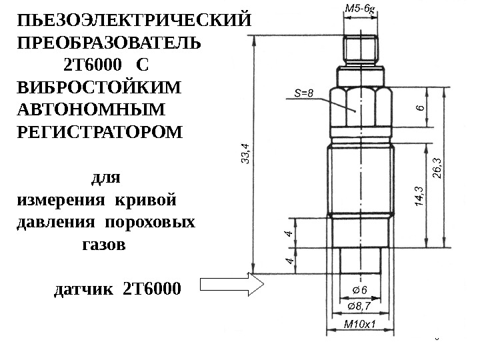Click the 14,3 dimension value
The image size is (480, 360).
(x=418, y=198)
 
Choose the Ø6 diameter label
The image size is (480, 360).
(x=359, y=289)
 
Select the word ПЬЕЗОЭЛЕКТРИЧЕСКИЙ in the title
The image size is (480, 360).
(x=133, y=19)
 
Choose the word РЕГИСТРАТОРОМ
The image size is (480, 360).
(x=97, y=131)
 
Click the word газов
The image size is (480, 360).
(x=103, y=245)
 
